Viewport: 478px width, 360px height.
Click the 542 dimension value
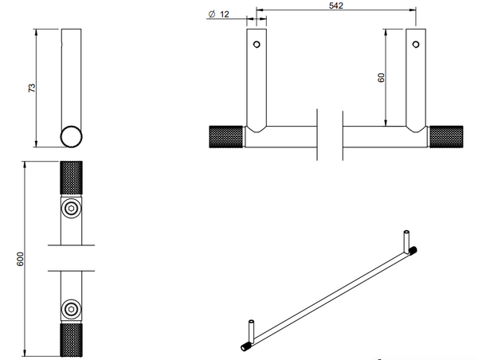coord(336,6)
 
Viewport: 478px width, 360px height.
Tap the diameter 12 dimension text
coord(218,14)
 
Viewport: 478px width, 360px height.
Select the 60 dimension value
coord(381,78)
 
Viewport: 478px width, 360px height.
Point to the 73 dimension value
coord(32,88)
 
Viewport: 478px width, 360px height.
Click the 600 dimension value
coord(20,259)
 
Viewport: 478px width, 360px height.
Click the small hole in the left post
coord(257,45)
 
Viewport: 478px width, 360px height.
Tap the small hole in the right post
coord(416,45)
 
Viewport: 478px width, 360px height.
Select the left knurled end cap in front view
coord(226,136)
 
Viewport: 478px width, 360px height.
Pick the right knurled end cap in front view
coord(446,136)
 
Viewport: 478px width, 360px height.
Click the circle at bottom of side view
coord(71,136)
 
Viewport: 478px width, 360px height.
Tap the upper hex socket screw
coord(71,208)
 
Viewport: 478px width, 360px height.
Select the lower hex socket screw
coord(71,309)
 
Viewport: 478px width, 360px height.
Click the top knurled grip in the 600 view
coord(71,178)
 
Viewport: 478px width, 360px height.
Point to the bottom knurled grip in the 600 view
coord(71,340)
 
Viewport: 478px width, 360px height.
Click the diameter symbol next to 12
coord(212,14)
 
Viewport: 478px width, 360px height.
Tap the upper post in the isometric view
coord(406,241)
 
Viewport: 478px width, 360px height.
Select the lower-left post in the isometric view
coord(251,331)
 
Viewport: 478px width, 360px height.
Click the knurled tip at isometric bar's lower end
coord(245,346)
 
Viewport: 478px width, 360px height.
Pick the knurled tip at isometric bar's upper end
coord(413,250)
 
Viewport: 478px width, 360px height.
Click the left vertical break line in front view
coord(317,135)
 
